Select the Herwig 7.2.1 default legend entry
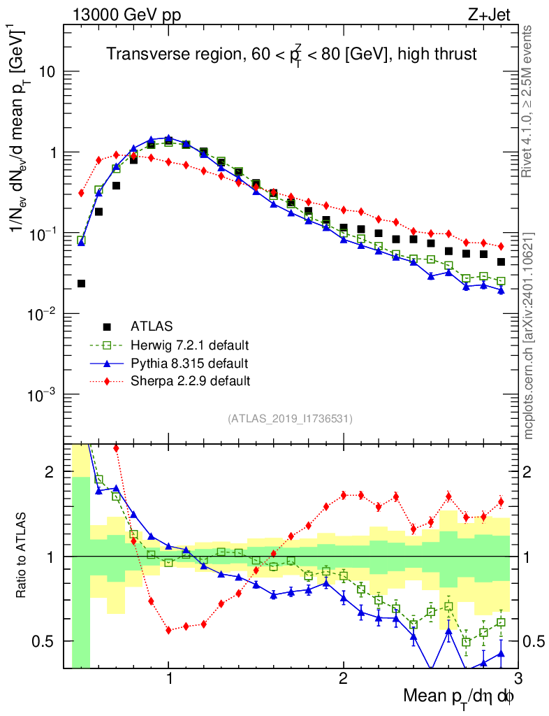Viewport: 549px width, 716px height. [189, 345]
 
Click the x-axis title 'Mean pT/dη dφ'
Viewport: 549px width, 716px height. [460, 696]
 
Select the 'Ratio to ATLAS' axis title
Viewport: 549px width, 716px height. [24, 556]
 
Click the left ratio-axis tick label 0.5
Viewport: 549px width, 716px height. [46, 641]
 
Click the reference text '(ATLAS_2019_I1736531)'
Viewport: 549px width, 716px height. [290, 419]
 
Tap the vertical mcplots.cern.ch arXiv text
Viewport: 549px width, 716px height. [529, 336]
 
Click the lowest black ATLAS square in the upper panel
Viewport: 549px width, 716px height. [81, 283]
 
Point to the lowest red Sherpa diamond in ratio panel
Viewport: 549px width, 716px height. [168, 630]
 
